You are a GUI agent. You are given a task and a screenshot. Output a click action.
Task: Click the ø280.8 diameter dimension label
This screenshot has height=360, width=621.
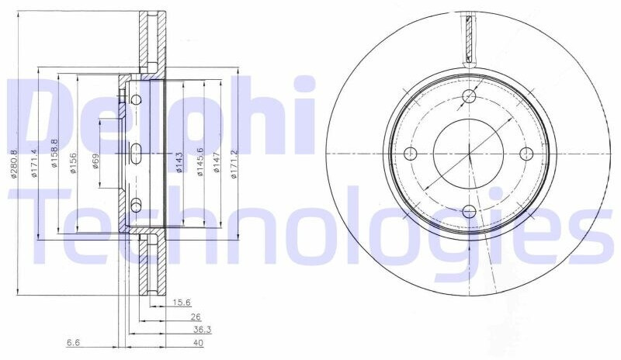(x=13, y=164)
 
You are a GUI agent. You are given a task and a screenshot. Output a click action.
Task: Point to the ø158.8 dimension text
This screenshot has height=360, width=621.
(x=54, y=153)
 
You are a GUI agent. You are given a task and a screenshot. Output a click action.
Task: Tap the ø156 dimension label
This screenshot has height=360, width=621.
(x=73, y=163)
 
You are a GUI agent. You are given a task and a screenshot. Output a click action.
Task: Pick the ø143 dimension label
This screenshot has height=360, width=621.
(x=179, y=162)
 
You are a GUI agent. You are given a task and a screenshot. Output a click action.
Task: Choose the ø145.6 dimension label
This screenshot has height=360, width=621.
(x=200, y=161)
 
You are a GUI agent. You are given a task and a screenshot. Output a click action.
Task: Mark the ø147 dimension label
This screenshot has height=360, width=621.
(x=217, y=162)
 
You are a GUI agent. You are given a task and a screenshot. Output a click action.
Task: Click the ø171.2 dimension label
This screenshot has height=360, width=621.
(x=234, y=164)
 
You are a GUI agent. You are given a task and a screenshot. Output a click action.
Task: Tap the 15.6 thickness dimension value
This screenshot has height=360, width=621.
(x=182, y=303)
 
